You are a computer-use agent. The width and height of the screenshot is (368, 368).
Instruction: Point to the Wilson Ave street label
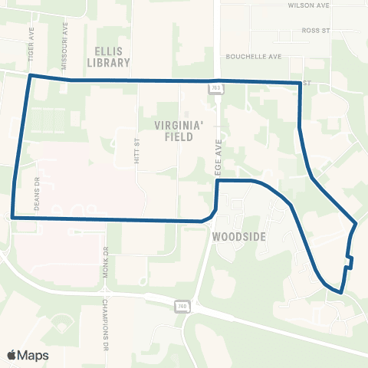pos(308,5)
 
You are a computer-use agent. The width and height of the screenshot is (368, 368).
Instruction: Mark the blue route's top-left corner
pos(30,76)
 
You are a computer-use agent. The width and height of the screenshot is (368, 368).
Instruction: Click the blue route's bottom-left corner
pos(13,218)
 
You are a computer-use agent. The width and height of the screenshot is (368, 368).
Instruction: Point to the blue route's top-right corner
pos(298,83)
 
